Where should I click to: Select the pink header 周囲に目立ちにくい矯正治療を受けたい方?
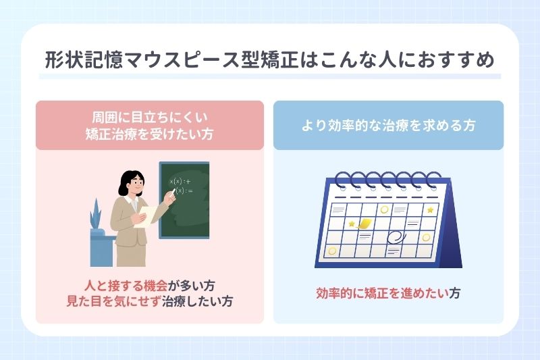tap(149, 125)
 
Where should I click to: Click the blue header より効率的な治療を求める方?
tap(388, 125)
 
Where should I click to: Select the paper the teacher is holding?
tap(140, 217)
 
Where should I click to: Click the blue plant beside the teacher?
tap(97, 214)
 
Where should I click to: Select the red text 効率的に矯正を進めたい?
tap(383, 293)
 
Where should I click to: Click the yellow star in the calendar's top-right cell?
tap(430, 210)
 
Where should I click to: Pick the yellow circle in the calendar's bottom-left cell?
tap(331, 251)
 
